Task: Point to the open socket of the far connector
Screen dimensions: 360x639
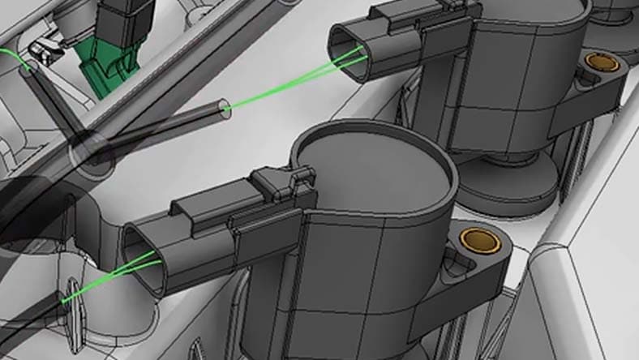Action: pos(350,54)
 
